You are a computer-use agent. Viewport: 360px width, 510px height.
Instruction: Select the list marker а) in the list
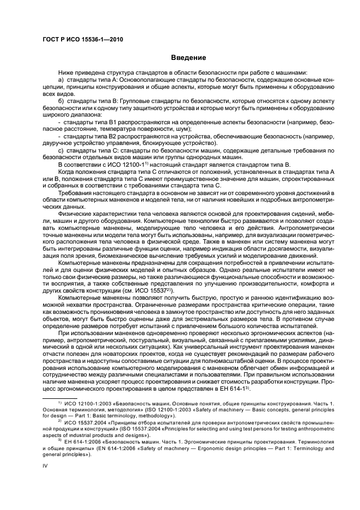point(61,81)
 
